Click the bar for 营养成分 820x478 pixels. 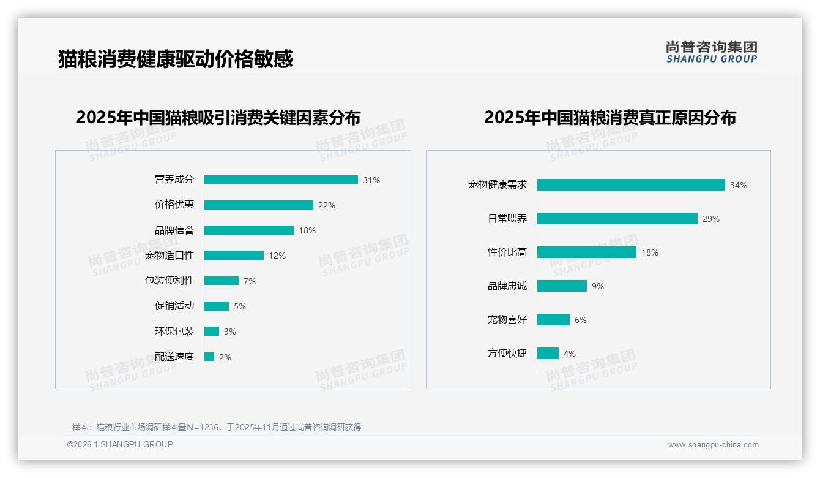tap(281, 180)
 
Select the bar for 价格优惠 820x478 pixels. tap(258, 205)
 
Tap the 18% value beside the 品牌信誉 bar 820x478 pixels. tap(307, 230)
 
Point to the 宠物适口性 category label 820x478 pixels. tap(170, 256)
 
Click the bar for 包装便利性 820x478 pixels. tap(221, 281)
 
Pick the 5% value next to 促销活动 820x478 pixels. tap(240, 306)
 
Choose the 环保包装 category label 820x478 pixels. tap(174, 332)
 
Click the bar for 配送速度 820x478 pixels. tap(209, 357)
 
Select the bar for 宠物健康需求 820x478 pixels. tap(631, 185)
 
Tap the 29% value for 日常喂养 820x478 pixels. tap(711, 219)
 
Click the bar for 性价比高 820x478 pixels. tap(587, 252)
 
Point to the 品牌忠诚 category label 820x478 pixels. tap(507, 286)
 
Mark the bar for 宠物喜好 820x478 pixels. tap(553, 320)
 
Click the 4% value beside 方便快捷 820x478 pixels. tap(570, 354)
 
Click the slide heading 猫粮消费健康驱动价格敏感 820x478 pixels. tap(176, 59)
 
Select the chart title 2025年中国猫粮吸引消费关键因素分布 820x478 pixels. tap(218, 117)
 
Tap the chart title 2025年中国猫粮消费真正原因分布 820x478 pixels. tap(610, 117)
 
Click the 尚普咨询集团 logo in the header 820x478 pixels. tap(712, 51)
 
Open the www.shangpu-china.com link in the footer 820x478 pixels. tap(713, 445)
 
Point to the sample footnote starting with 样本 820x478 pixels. tap(217, 427)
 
